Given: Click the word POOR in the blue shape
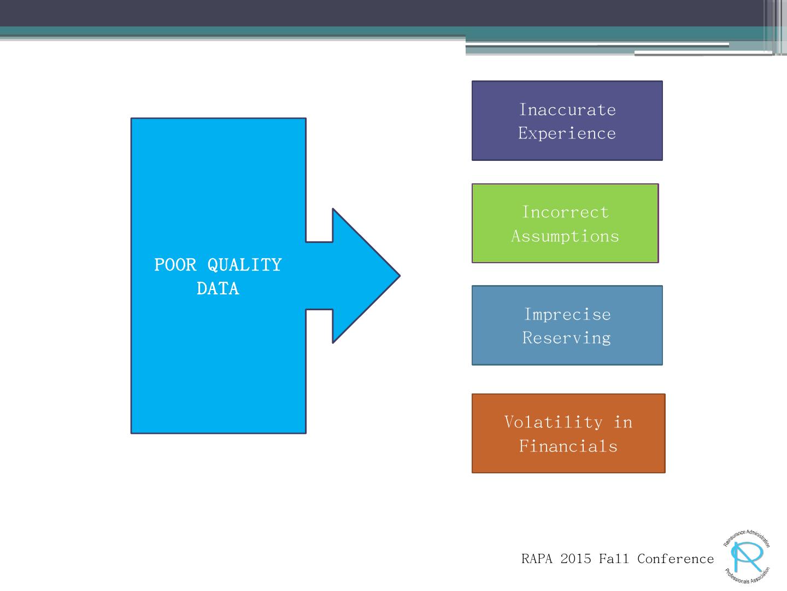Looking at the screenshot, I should [x=175, y=265].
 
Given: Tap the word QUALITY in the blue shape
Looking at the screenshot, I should [x=244, y=265].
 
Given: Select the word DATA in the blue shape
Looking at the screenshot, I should [x=218, y=288].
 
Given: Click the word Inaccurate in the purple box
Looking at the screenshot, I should [x=567, y=109].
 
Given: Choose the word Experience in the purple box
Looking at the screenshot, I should [x=567, y=133].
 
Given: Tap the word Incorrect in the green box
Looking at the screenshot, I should [x=565, y=212].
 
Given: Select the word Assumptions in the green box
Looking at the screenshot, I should [x=565, y=236].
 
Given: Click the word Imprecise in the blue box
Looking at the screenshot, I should [x=567, y=314].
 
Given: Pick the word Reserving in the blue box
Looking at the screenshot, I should [x=567, y=338].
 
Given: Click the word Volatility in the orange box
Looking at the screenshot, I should [x=553, y=422].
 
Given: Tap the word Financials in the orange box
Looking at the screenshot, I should [x=568, y=446].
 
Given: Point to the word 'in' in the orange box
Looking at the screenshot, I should [x=623, y=422].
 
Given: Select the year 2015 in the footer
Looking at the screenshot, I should [x=575, y=559].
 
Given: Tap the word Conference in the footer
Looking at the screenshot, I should [x=676, y=559].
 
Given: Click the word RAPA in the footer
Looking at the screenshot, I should [x=537, y=559].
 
